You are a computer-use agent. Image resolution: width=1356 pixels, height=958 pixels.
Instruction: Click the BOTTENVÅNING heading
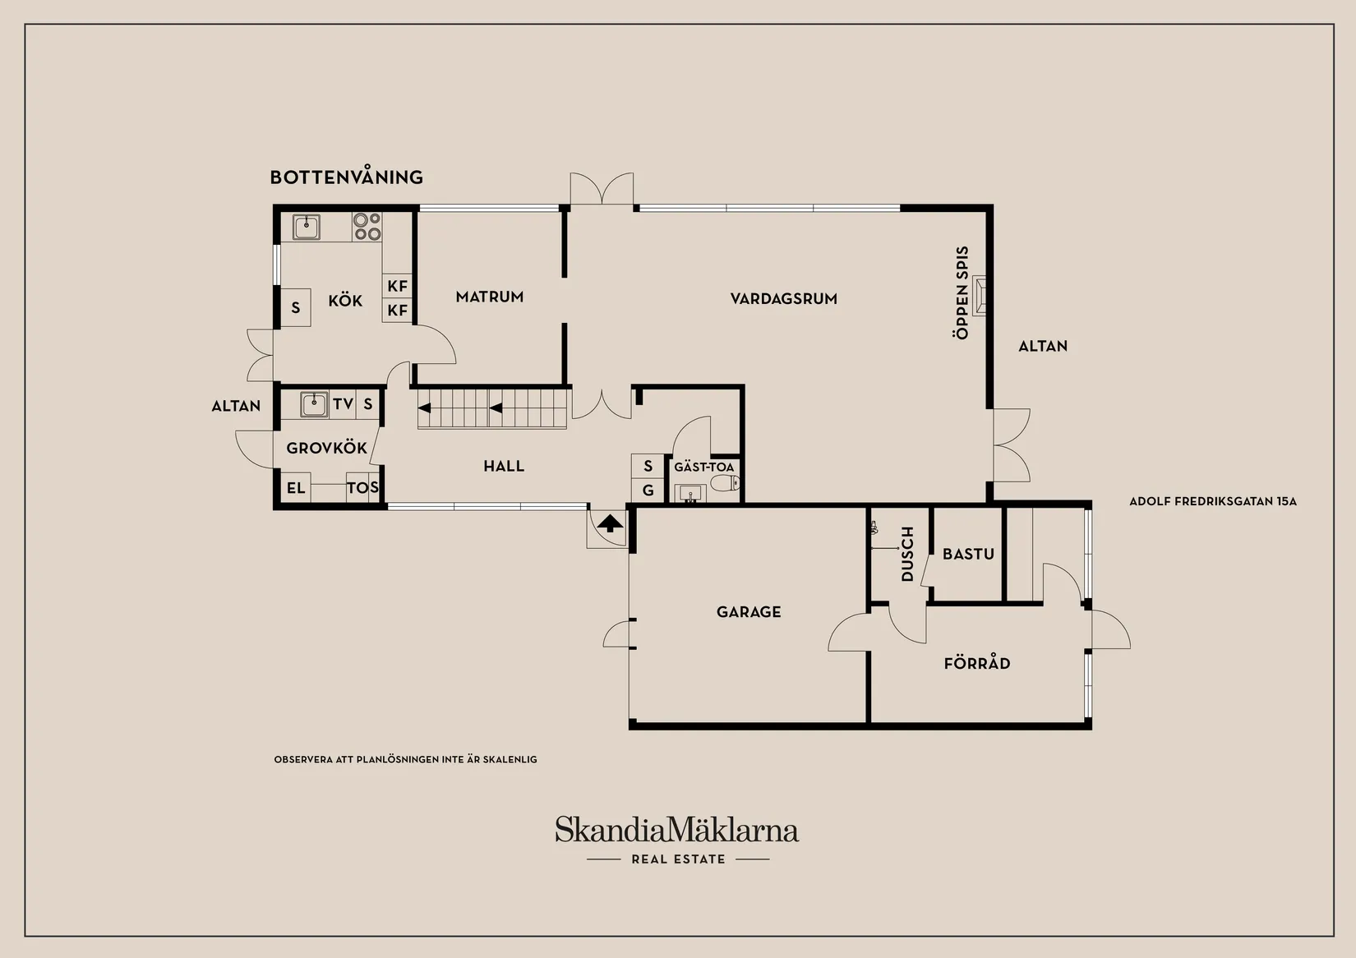coord(346,177)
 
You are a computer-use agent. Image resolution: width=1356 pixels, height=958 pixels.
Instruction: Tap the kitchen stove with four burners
coord(367,226)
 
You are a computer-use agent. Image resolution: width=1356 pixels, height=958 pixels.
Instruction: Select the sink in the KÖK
coord(307,228)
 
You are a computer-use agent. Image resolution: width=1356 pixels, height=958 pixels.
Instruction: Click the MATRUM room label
coord(490,297)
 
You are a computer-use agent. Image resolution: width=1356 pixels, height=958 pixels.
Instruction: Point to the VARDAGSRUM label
coord(784,298)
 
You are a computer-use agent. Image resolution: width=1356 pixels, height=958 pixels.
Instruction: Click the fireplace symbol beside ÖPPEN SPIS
coord(979,296)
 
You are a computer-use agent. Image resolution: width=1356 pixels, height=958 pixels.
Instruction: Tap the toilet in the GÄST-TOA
coord(725,483)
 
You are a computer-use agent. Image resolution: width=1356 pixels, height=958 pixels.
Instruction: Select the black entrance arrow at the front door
coord(610,523)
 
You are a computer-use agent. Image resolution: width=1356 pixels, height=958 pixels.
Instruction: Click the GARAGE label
coord(749,612)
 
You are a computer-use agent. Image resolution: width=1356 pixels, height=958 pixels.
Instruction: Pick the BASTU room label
coord(969,554)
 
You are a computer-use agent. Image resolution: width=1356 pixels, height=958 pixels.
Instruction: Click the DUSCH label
coord(906,554)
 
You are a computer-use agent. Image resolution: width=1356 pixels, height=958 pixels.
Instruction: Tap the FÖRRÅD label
coord(977,663)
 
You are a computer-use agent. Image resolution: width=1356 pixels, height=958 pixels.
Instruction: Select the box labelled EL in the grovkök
coord(295,487)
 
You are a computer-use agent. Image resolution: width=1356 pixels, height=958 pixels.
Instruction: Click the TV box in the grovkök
coord(343,403)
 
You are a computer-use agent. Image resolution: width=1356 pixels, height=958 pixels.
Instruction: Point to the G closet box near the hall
coord(648,491)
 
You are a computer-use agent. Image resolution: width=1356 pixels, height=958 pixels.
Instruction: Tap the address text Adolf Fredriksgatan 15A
coord(1213,501)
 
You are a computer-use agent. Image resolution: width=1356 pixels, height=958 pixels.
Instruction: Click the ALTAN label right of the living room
coord(1043,346)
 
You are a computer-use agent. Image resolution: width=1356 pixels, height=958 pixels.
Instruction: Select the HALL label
coord(504,466)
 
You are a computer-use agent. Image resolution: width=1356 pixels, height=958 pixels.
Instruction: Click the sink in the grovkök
coord(314,405)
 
